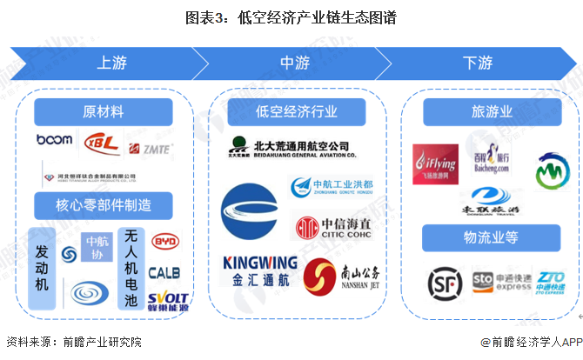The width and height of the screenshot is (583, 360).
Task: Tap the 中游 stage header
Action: pos(294,63)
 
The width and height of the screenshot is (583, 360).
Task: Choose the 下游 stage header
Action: pos(477,63)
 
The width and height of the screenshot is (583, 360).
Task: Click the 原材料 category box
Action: pos(103,112)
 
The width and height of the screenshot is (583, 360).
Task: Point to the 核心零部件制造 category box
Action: pos(104,206)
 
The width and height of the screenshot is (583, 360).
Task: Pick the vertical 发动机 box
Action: pos(42,268)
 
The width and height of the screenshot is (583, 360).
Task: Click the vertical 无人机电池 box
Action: pos(131,268)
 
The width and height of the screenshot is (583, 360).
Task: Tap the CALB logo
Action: pos(164,272)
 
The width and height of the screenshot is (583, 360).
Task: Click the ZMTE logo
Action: pos(151,149)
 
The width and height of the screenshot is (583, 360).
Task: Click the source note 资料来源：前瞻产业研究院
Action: pos(72,343)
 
